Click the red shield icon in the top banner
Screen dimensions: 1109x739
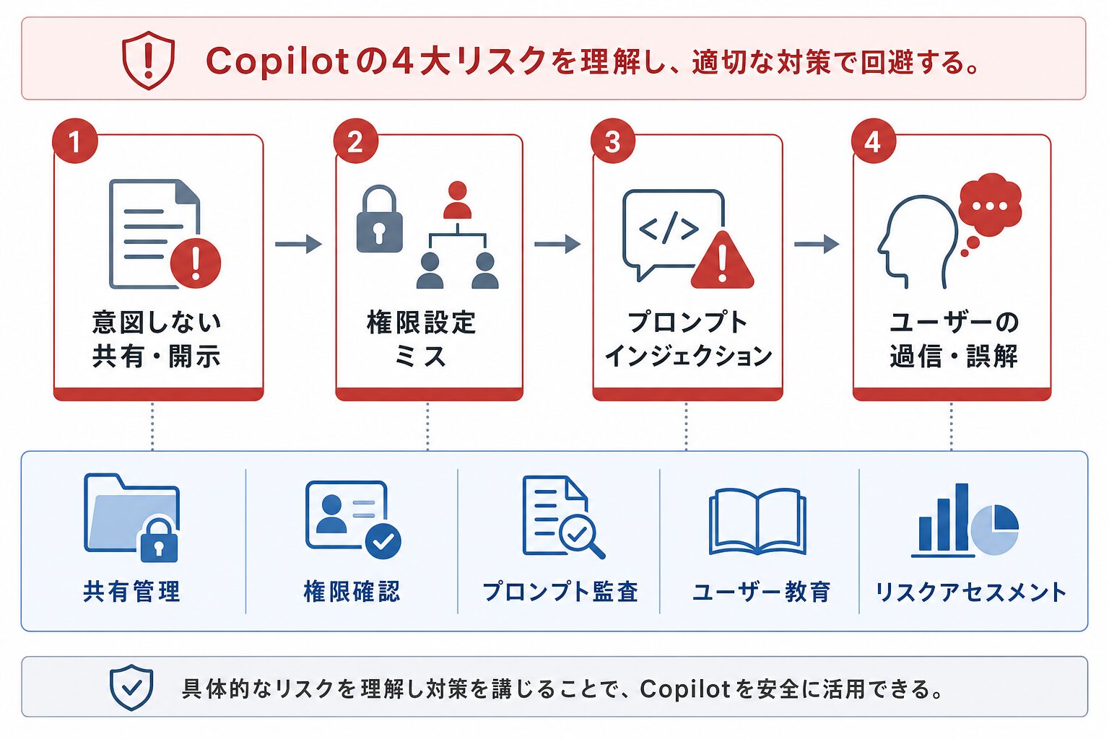(x=149, y=61)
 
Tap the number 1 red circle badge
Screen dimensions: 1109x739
(x=75, y=141)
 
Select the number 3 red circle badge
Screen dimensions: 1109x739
(x=613, y=141)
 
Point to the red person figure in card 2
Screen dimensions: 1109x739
(x=457, y=200)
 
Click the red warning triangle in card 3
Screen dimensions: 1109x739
(x=722, y=261)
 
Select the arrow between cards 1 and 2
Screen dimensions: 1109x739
(x=298, y=244)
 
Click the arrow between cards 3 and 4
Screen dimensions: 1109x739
(x=817, y=244)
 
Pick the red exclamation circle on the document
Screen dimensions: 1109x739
(x=196, y=263)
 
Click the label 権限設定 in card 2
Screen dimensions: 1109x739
(x=422, y=322)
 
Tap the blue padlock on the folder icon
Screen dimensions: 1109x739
(x=159, y=541)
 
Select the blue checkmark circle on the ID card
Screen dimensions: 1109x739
(x=383, y=541)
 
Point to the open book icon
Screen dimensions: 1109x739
(x=757, y=521)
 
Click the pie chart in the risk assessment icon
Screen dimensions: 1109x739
(x=995, y=529)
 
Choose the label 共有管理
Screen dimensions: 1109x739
(x=131, y=592)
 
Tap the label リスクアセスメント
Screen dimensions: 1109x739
(x=971, y=592)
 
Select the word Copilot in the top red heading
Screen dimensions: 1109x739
(x=278, y=62)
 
